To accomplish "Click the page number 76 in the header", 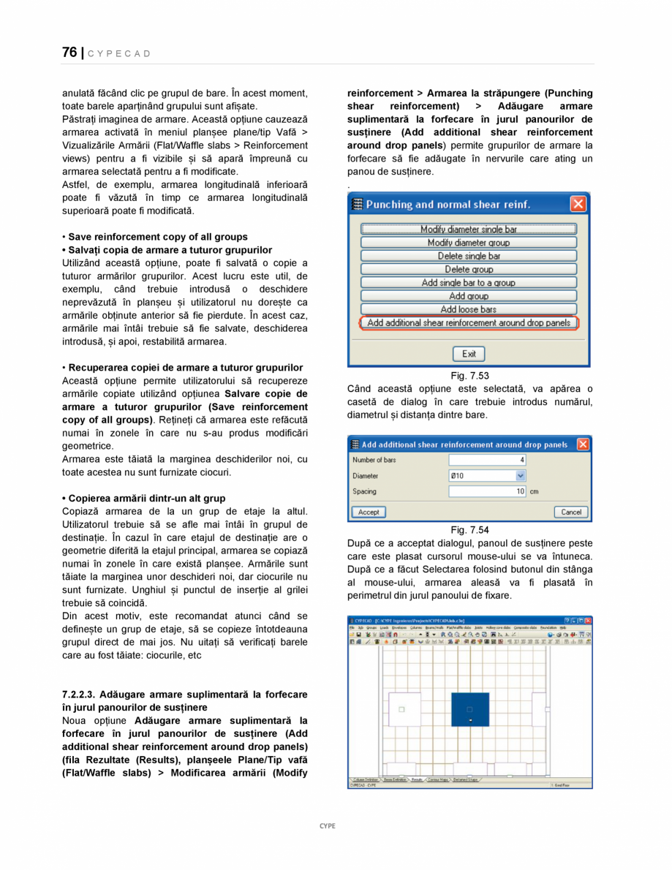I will (x=69, y=53).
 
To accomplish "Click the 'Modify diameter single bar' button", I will (x=469, y=230).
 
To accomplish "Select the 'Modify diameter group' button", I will (x=469, y=243).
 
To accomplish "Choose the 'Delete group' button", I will (x=469, y=269).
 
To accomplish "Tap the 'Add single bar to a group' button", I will (x=469, y=283).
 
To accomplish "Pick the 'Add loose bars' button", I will (x=469, y=309).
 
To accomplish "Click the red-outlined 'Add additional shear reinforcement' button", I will (x=469, y=322).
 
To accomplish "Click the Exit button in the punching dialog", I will (x=469, y=354).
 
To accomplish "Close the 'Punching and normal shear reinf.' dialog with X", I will (x=578, y=205).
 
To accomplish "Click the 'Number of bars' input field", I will (x=487, y=460).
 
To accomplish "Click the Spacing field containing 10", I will (x=487, y=491).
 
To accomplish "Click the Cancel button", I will (x=570, y=512).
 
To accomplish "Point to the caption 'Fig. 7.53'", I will (x=469, y=376).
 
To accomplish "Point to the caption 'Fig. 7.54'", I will (x=469, y=530).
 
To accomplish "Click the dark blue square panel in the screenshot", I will (x=469, y=709).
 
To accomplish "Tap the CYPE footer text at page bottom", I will (x=328, y=825).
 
